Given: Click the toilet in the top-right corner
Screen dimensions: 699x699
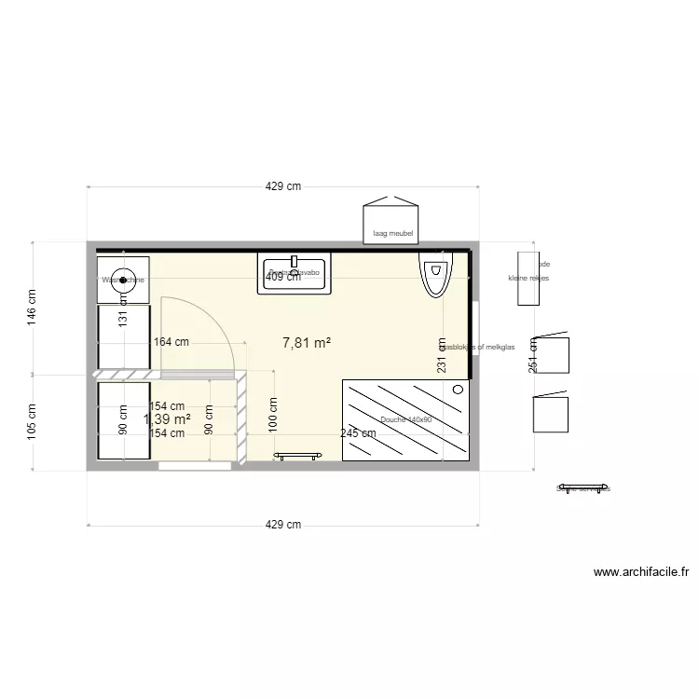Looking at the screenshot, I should (x=435, y=274).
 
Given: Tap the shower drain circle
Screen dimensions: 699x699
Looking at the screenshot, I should (x=458, y=390).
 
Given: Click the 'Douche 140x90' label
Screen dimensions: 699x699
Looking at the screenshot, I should (x=406, y=420).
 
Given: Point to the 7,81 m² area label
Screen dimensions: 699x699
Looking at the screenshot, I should (x=307, y=343).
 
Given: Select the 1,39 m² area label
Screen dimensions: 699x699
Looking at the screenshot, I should (x=168, y=419).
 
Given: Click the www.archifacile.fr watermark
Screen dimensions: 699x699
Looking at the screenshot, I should (x=641, y=573).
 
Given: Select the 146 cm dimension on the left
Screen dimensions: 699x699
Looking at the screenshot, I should (x=31, y=306).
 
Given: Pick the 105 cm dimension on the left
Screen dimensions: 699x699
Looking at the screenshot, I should (x=31, y=422).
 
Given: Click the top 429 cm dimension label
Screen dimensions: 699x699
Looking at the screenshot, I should (x=283, y=186).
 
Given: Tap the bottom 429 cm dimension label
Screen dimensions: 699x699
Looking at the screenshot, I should (x=283, y=525).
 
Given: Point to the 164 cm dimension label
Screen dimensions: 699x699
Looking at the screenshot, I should (x=171, y=342).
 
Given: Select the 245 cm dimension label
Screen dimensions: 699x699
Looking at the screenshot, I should (x=358, y=433).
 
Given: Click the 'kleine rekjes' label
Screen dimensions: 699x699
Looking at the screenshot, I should (x=528, y=278).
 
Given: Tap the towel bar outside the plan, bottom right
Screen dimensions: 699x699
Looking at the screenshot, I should (x=582, y=487).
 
